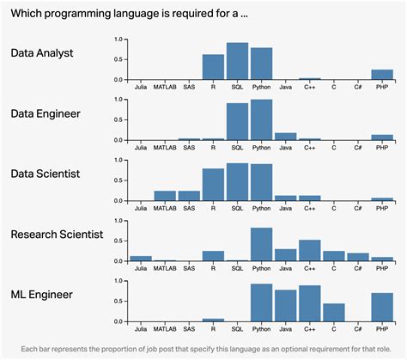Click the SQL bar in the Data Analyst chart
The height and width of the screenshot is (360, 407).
[237, 61]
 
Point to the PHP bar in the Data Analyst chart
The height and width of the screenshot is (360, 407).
[382, 75]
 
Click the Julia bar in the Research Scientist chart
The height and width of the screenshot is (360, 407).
[141, 258]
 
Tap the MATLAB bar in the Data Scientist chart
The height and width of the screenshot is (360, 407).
[165, 196]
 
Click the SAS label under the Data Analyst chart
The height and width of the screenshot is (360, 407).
[189, 87]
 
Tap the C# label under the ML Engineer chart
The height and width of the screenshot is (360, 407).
[358, 327]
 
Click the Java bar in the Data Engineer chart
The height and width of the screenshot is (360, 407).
[285, 136]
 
